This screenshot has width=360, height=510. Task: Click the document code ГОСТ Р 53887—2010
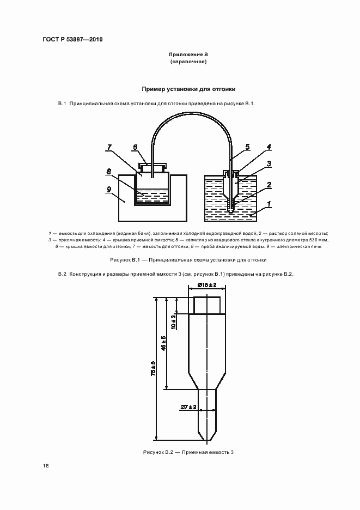[72, 40]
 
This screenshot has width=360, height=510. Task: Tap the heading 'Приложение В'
[188, 55]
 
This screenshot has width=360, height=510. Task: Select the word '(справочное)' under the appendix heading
[188, 62]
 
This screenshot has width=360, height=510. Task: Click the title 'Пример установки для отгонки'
[188, 88]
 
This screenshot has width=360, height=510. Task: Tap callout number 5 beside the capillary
[247, 147]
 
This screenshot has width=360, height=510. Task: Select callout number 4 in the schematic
[269, 147]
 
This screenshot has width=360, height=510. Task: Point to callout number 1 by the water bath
[269, 207]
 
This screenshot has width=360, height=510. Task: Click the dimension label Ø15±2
[207, 285]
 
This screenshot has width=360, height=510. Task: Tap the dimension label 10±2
[173, 323]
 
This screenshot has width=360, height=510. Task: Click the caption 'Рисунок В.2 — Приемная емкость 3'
[188, 452]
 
